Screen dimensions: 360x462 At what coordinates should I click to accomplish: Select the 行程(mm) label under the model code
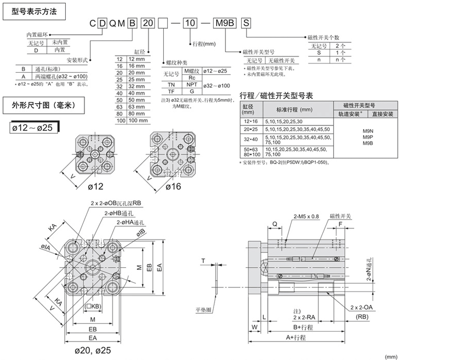click(x=204, y=44)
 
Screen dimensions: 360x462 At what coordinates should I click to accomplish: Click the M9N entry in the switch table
click(x=368, y=131)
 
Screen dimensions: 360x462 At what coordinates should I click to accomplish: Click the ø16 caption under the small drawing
click(x=172, y=187)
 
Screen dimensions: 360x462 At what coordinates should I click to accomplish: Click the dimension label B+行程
click(x=303, y=327)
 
